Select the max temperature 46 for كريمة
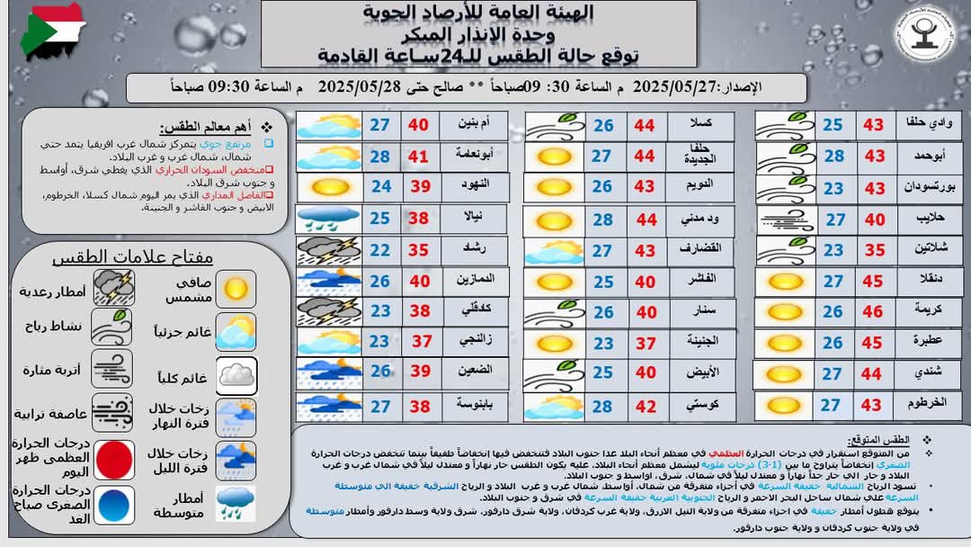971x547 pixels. [874, 311]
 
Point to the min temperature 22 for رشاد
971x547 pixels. [380, 250]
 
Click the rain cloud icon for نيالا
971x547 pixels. [328, 219]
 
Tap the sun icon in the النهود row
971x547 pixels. [328, 187]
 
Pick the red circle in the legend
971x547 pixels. [114, 459]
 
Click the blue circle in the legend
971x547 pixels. [114, 506]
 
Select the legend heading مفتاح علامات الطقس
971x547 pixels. [132, 256]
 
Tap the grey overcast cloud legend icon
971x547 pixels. [236, 375]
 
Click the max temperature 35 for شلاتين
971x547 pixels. [874, 251]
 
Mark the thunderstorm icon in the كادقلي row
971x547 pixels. [328, 311]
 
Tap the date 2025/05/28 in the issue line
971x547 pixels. [360, 87]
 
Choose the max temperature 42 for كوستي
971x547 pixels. [645, 406]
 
